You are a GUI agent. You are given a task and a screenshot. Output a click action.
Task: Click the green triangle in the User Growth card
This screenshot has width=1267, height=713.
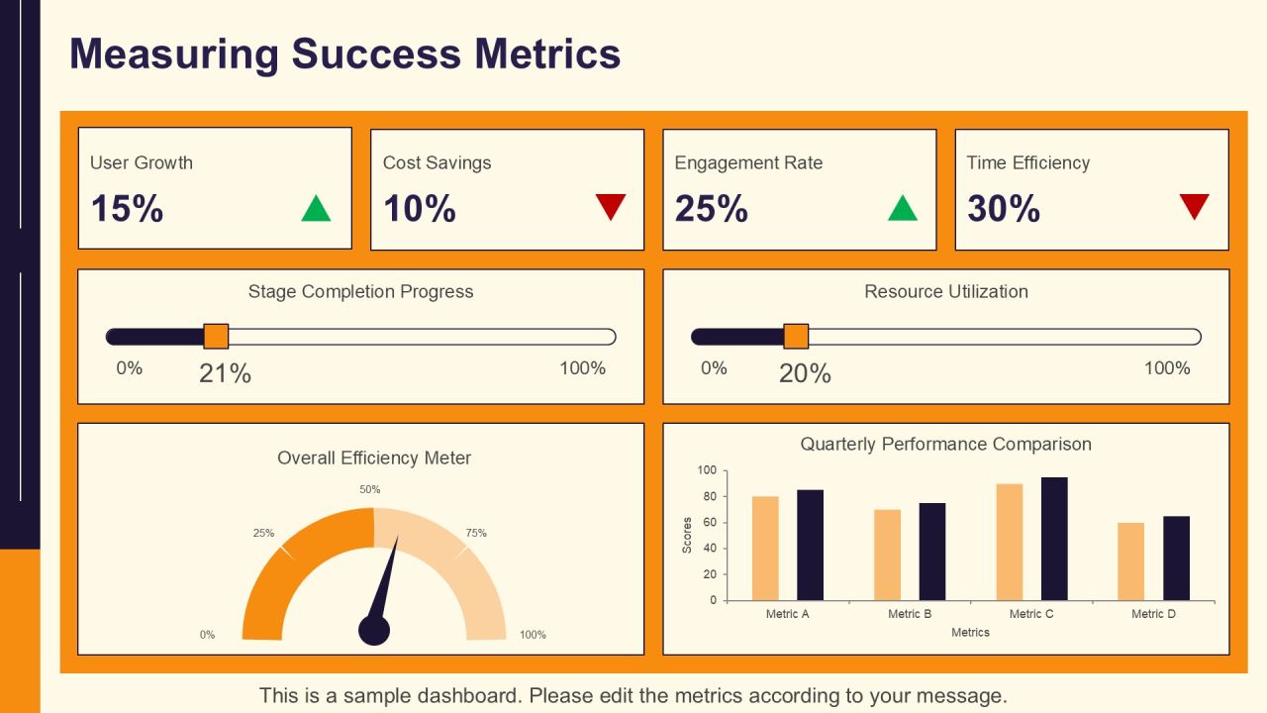(x=316, y=208)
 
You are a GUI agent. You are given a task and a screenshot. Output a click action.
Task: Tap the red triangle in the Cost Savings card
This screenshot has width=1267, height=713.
(x=611, y=207)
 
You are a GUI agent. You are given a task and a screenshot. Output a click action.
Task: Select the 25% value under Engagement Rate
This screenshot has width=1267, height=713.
(x=712, y=208)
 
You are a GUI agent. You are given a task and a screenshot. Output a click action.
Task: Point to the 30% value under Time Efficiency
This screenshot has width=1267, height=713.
(x=1004, y=208)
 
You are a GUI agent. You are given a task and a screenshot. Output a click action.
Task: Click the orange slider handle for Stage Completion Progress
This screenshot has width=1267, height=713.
(x=216, y=336)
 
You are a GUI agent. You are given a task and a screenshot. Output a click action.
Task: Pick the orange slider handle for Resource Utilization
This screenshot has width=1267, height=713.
(x=796, y=336)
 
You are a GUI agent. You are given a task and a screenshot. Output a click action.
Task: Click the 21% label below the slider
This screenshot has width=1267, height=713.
(x=225, y=373)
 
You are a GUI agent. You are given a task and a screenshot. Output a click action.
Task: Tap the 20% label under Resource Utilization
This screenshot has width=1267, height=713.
(x=805, y=373)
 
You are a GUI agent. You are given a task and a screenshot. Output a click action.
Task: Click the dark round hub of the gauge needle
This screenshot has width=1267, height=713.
(x=374, y=630)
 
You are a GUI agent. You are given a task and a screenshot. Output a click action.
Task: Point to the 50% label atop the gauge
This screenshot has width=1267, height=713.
(x=370, y=489)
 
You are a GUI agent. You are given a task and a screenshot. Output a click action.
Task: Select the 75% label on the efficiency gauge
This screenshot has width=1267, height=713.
(x=476, y=533)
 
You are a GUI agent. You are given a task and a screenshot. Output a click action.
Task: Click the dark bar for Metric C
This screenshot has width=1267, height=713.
(x=1054, y=539)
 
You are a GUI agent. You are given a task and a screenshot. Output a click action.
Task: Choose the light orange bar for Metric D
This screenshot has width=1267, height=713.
(x=1131, y=561)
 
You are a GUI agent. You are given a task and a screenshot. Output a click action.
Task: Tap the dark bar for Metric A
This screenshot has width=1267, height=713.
(x=811, y=545)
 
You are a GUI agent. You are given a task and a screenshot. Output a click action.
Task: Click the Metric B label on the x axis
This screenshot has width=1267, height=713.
(x=910, y=614)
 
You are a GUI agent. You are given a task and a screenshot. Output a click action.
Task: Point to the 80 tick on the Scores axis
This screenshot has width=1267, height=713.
(x=710, y=496)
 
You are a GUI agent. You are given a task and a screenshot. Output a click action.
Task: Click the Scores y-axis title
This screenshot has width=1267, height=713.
(x=687, y=536)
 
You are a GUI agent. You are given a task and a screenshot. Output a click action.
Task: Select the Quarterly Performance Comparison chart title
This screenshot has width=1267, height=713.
(x=945, y=445)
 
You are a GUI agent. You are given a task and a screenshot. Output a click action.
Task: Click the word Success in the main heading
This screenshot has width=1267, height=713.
(x=376, y=53)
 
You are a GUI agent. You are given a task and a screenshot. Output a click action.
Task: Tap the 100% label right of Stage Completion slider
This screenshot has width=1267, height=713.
(x=583, y=368)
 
